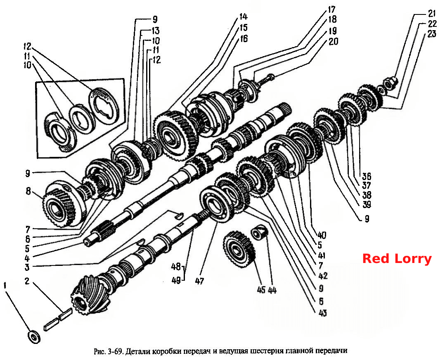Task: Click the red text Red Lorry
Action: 397,259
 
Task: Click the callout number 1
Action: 5,285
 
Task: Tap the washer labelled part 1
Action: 34,337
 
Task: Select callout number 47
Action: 199,281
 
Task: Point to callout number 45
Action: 261,290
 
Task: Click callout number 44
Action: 272,290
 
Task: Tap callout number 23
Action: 432,34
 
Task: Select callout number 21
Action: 432,13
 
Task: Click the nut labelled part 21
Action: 390,82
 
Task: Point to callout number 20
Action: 334,41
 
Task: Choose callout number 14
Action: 243,17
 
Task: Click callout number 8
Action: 28,191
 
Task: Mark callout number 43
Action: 323,313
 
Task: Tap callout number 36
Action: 366,176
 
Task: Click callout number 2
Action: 27,282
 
